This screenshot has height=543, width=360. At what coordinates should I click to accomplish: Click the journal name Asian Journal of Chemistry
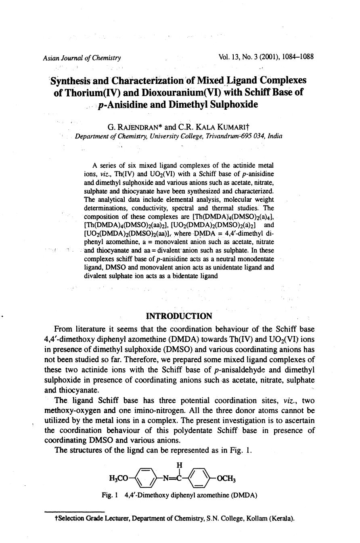click(x=82, y=58)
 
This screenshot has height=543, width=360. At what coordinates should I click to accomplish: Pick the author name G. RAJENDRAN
click(x=133, y=127)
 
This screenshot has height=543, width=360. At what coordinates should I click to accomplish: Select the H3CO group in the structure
click(x=119, y=479)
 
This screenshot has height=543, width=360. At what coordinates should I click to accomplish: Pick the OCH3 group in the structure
click(x=226, y=479)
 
